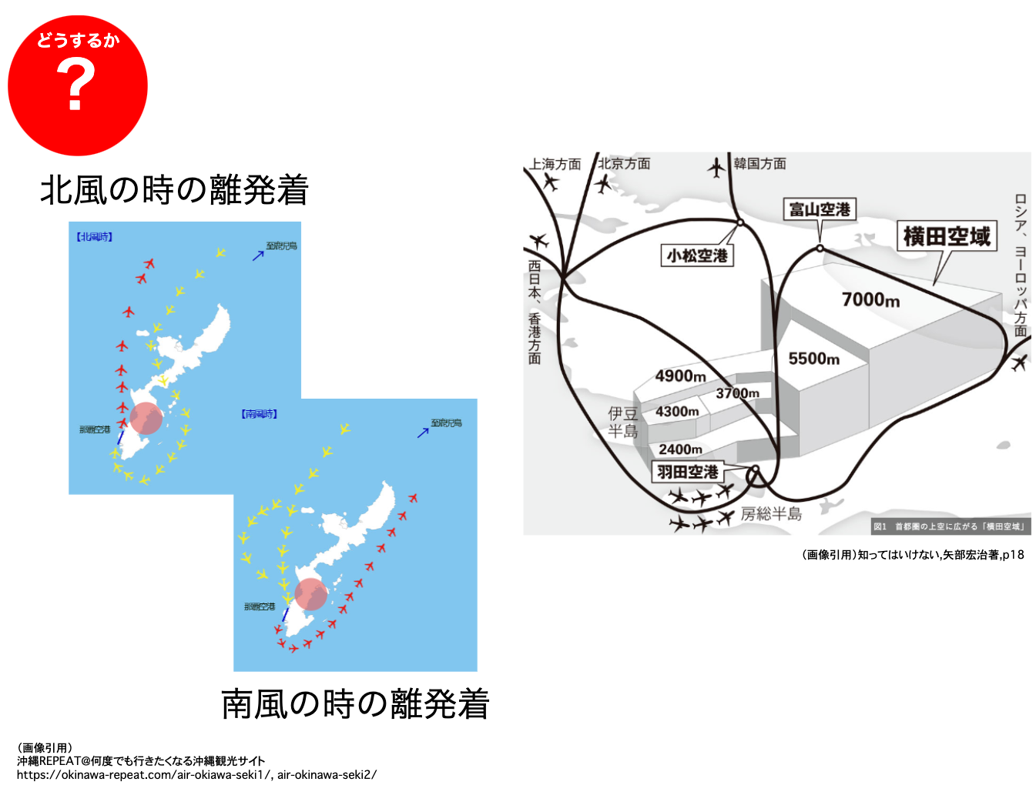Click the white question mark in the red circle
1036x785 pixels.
[x=75, y=85]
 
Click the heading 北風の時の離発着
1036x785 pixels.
[x=174, y=190]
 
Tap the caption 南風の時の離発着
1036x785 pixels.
[x=355, y=704]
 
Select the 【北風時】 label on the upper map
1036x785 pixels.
[x=94, y=237]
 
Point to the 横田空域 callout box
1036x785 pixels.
[x=947, y=236]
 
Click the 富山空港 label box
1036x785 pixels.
[x=820, y=209]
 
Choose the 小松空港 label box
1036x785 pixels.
[x=697, y=256]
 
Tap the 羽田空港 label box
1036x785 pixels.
[x=688, y=472]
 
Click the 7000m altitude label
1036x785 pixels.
[x=870, y=299]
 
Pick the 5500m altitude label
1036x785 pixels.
[x=813, y=359]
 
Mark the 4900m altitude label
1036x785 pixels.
[x=680, y=376]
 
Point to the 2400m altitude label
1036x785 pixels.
[x=680, y=449]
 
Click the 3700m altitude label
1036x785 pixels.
[x=737, y=393]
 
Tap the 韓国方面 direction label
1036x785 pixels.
[x=759, y=163]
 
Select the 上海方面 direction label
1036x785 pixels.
[x=555, y=164]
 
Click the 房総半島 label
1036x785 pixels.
[x=771, y=513]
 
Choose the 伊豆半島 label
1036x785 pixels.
[x=623, y=423]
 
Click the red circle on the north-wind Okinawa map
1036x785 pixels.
[x=146, y=418]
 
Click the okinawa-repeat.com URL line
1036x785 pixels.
[x=196, y=775]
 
